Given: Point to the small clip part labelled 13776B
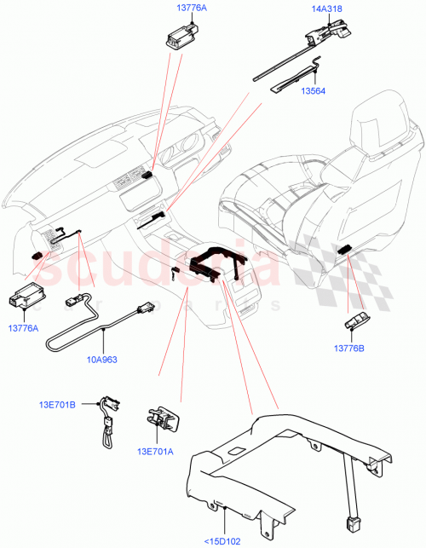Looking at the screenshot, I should pos(357,320).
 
